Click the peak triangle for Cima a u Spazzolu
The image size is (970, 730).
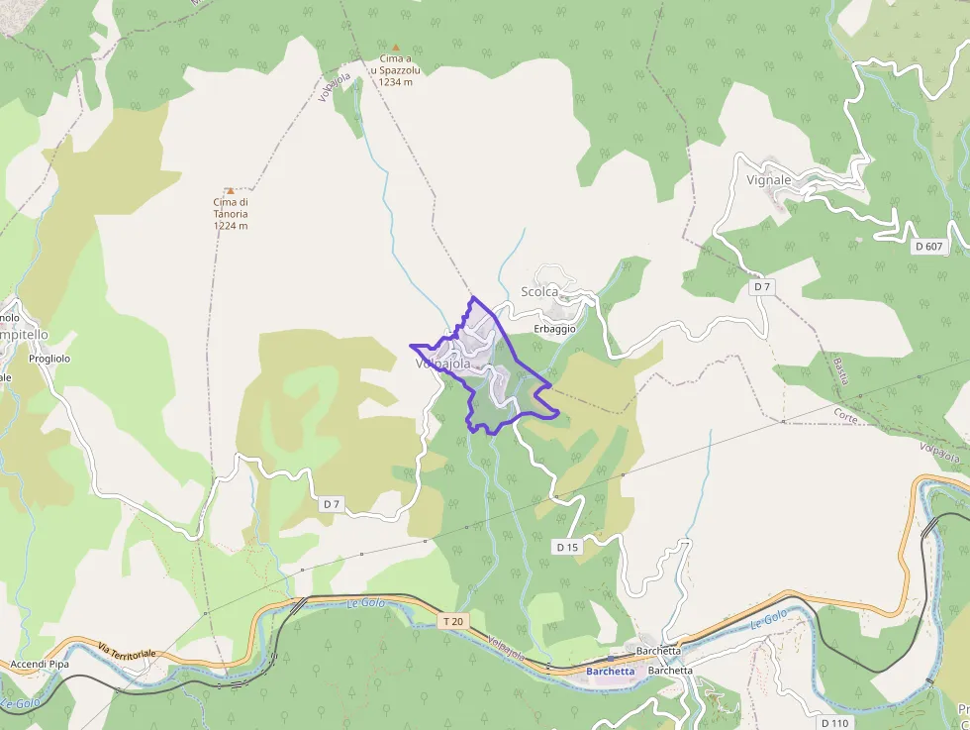[x=396, y=47]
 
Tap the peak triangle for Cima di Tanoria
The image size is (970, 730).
[x=230, y=190]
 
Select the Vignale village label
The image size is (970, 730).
[x=769, y=180]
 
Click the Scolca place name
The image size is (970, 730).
[x=539, y=291]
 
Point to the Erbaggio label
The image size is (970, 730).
[x=554, y=329]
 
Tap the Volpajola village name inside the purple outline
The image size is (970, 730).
[x=442, y=364]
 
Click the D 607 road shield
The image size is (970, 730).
[x=928, y=246]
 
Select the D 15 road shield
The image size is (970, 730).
[x=566, y=547]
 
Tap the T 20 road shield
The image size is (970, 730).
[x=452, y=621]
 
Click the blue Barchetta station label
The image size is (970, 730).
[x=610, y=671]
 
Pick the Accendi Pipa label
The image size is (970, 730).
[x=40, y=664]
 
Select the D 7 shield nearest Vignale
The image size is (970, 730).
[x=761, y=286]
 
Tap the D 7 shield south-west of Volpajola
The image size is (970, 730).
[x=331, y=504]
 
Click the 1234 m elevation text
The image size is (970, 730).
[x=396, y=82]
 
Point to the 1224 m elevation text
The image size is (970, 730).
[x=230, y=226]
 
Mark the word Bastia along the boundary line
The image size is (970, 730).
[x=841, y=371]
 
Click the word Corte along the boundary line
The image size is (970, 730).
[x=844, y=415]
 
